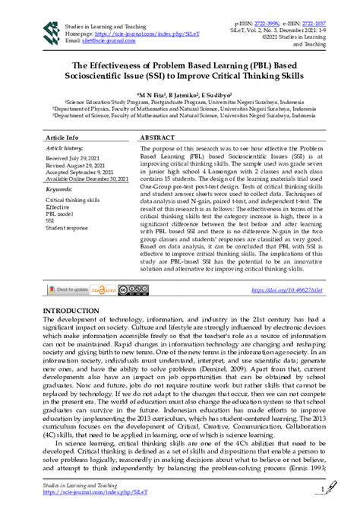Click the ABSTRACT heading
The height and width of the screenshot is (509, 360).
point(158,138)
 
